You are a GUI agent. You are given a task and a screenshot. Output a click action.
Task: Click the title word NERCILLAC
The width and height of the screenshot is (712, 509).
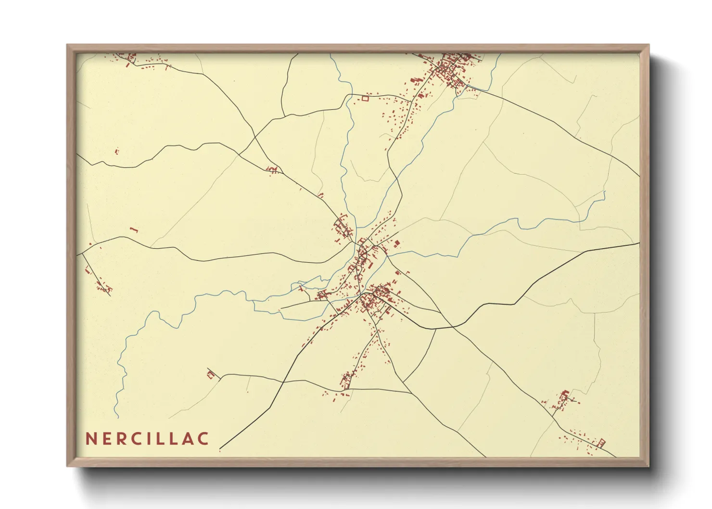coord(147,439)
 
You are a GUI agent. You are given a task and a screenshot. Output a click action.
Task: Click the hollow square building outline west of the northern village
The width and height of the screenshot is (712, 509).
coord(365,99)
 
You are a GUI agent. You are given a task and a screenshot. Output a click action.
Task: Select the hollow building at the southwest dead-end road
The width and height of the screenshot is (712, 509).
coord(210,374)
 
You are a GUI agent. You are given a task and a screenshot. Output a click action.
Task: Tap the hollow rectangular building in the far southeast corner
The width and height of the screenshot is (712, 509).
coord(601,443)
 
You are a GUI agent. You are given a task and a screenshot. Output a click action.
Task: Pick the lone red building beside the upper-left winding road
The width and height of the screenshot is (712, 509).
coord(116,152)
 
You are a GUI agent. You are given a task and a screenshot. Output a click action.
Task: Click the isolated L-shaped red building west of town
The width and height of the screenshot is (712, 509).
coord(134,230)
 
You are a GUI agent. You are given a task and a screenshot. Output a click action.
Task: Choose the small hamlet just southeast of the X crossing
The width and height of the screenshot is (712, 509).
coord(272,169)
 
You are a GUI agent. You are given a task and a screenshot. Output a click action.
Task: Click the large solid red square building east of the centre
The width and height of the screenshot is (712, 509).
coord(397,243)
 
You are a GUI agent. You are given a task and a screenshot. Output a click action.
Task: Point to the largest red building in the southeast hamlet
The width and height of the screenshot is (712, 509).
coord(564,394)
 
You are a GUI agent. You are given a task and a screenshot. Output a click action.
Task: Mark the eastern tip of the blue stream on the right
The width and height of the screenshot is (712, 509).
coord(605,192)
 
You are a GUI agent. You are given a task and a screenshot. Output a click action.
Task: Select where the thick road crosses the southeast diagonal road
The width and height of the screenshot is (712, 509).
coord(453,327)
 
